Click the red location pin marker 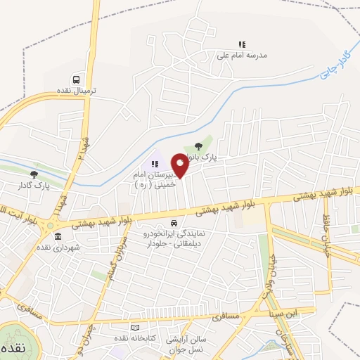181,165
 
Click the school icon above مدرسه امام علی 243,44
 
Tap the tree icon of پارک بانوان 199,146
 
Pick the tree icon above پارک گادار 34,174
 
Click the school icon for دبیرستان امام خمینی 155,164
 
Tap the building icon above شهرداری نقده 58,236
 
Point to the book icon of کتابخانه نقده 135,328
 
